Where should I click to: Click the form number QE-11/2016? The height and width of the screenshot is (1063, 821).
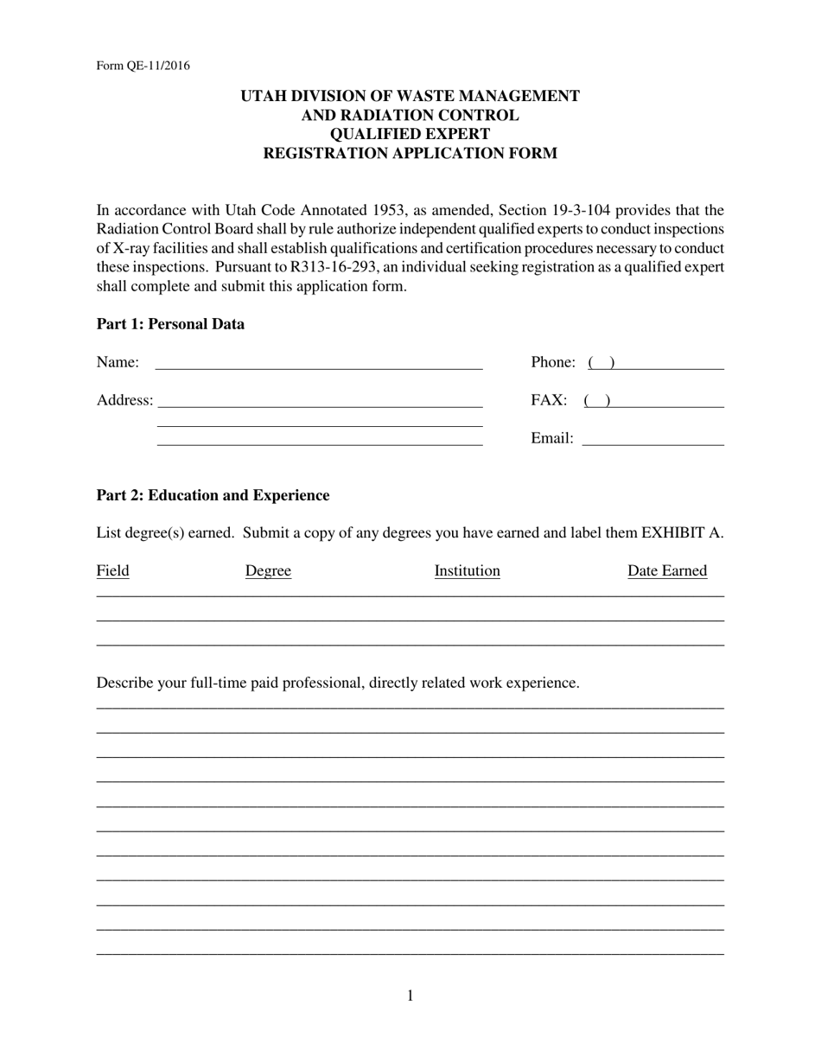[143, 66]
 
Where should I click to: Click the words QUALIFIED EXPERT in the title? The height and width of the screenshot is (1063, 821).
[410, 134]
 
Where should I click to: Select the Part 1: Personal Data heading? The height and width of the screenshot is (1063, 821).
[170, 324]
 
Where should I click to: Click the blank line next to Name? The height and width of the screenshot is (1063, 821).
[318, 363]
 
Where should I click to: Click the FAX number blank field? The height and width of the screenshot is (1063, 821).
[653, 401]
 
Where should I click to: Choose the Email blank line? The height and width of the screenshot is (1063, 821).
[652, 439]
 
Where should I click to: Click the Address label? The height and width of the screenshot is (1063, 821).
[124, 400]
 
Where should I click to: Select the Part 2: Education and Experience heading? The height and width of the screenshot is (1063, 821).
[213, 495]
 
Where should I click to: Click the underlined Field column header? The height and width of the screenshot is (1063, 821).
[112, 570]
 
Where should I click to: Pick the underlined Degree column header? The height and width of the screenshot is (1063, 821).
[268, 570]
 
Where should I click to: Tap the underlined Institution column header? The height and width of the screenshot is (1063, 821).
[467, 570]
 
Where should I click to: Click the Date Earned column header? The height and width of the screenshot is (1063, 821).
[666, 570]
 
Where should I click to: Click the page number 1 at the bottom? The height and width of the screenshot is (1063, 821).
[410, 996]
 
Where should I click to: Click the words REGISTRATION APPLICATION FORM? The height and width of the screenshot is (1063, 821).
[410, 153]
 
